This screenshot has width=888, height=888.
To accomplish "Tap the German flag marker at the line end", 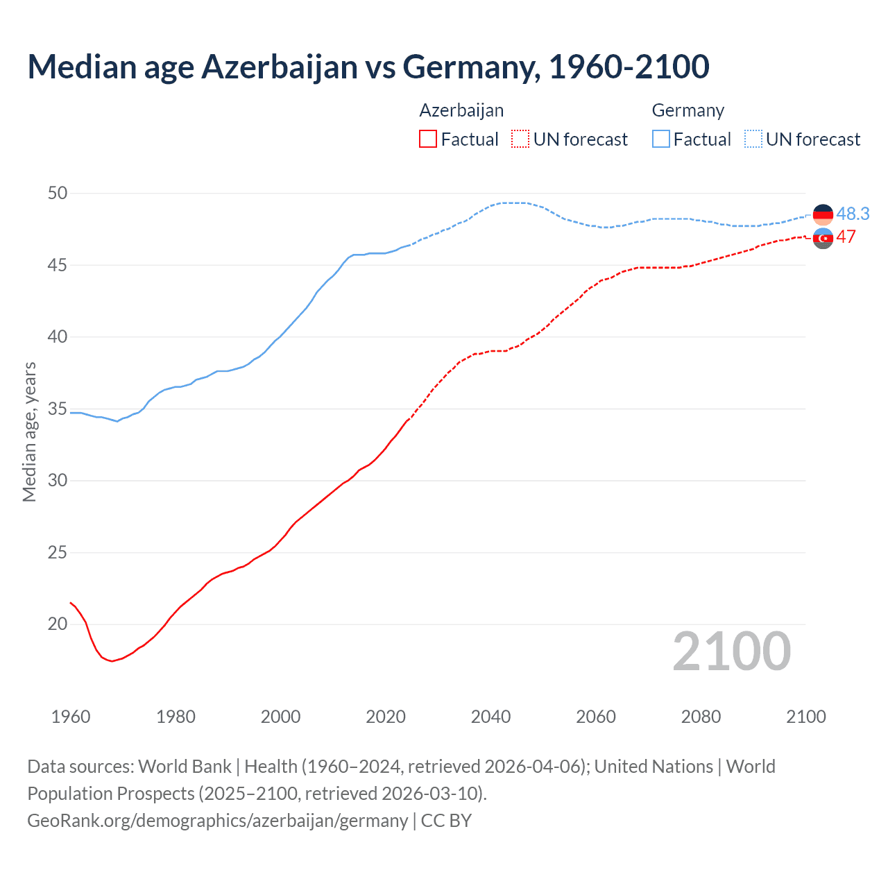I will [x=823, y=214].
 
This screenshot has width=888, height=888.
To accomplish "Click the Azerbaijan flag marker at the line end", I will [x=823, y=238].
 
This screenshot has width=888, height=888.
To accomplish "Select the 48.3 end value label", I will [x=853, y=214].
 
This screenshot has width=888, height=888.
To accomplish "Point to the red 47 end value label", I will [x=846, y=237].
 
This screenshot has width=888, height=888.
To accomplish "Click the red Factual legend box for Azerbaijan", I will [x=428, y=139].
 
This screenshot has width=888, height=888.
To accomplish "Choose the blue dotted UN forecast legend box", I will [x=753, y=139].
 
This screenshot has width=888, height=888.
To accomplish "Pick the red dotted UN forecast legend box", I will [x=520, y=139].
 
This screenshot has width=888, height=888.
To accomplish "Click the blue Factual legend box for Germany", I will [x=661, y=139].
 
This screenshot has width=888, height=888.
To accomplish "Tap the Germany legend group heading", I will [x=688, y=110].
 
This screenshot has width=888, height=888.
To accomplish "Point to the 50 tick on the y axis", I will [x=58, y=193].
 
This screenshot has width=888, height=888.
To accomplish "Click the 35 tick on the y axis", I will [x=58, y=409].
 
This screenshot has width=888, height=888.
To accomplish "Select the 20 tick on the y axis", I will [x=58, y=624].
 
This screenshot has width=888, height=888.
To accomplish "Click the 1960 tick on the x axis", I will [x=71, y=717].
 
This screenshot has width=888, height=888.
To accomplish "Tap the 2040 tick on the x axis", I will [x=490, y=717].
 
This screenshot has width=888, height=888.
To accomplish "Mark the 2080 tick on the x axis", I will [x=701, y=717].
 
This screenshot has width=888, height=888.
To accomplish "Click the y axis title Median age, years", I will [x=29, y=432].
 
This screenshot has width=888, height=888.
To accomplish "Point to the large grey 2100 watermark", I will [x=731, y=651].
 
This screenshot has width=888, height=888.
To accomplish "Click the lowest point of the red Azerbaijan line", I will [x=112, y=661].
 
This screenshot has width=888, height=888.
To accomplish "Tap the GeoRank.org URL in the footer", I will [x=217, y=820].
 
